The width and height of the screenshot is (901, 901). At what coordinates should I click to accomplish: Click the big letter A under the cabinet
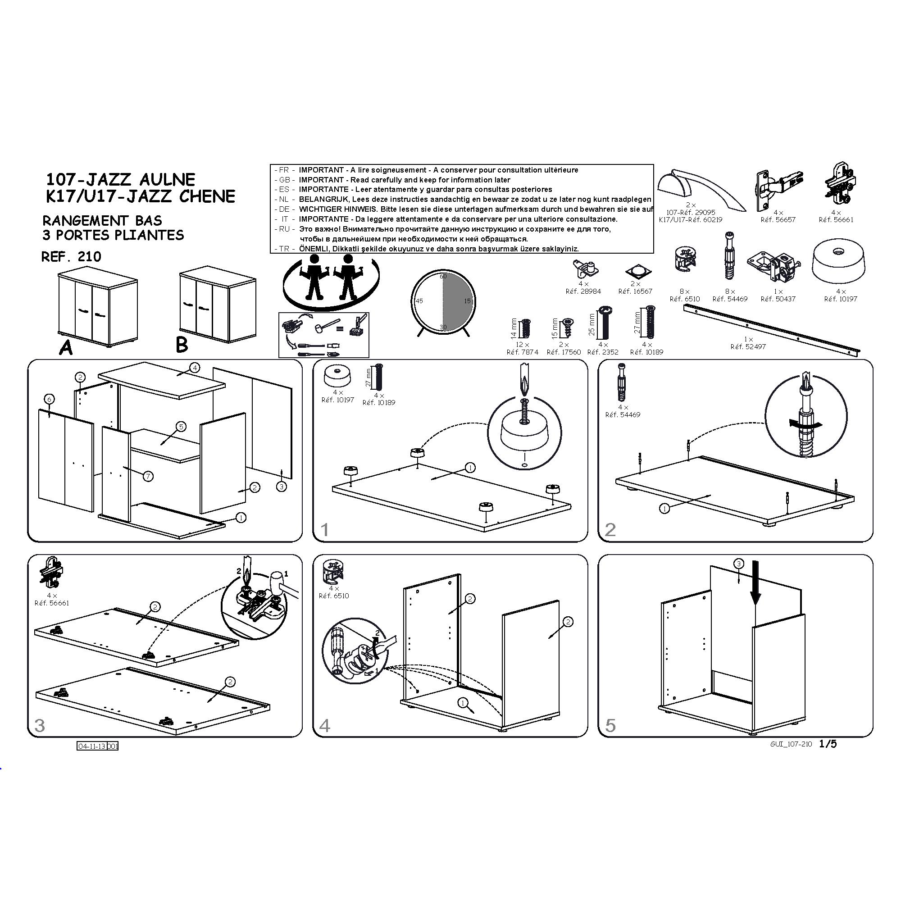click(66, 347)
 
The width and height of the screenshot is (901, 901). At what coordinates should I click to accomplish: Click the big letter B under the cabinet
click(182, 345)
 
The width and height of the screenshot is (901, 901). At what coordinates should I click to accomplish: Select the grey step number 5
click(610, 726)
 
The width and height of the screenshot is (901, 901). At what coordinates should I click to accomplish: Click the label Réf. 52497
click(748, 347)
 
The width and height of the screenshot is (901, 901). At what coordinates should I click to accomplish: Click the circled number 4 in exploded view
click(195, 368)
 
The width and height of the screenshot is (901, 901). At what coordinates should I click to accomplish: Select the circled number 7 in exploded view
click(148, 476)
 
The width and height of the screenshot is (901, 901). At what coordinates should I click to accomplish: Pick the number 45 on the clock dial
click(419, 301)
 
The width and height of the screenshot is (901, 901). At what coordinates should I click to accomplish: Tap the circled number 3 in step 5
click(739, 564)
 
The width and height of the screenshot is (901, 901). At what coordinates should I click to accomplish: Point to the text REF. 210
click(71, 257)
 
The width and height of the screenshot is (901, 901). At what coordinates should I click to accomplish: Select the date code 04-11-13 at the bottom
click(91, 746)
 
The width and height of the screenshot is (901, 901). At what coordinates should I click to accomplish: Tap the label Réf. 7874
click(522, 352)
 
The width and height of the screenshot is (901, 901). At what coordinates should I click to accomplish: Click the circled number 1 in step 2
click(664, 509)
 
